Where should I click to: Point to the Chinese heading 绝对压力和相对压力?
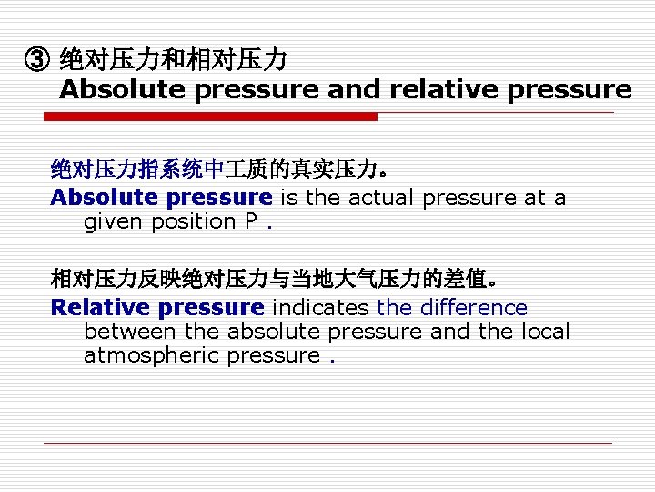(173, 61)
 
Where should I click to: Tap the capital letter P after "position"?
(250, 221)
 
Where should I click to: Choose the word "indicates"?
(320, 308)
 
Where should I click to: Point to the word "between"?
(130, 332)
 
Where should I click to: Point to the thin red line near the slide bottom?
(327, 444)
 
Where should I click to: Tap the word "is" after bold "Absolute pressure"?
(287, 198)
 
